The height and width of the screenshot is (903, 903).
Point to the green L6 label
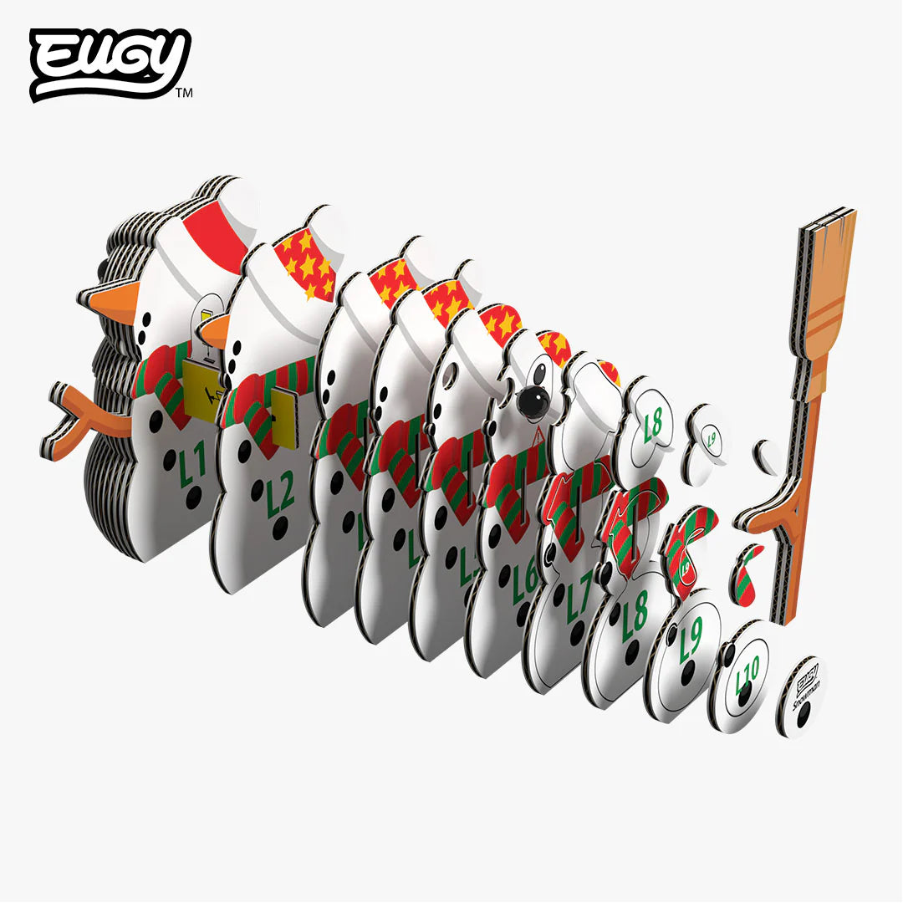526,576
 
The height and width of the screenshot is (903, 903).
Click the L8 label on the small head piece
653,424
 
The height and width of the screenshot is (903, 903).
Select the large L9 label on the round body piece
691,641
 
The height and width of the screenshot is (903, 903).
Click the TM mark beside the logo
185,94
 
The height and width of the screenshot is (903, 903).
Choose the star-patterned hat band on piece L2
306,259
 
